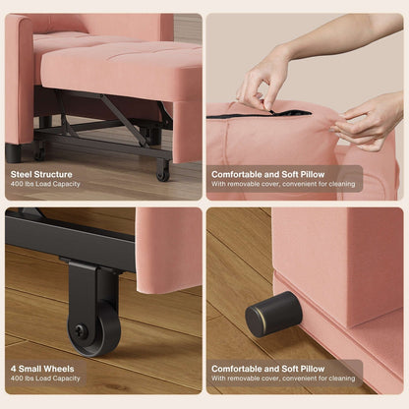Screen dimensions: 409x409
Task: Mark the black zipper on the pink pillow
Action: (260, 114)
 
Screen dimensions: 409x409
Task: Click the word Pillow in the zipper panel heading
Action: (309, 174)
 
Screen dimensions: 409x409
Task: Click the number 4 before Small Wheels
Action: (13, 369)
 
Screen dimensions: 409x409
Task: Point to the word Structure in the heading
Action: (56, 174)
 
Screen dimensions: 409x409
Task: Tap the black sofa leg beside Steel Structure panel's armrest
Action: (13, 152)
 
